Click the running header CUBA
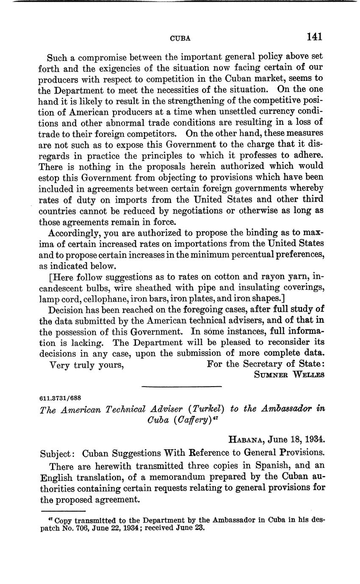(180, 38)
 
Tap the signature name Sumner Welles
(289, 375)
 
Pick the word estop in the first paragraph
(48, 177)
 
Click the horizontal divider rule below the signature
(181, 386)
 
